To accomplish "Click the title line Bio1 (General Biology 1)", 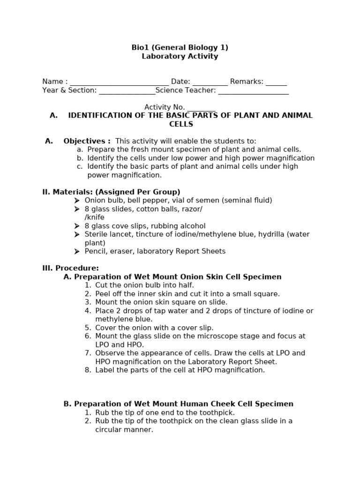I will [x=180, y=47].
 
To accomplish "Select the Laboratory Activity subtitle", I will [x=180, y=56].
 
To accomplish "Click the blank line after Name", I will [x=119, y=83].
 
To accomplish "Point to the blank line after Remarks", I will [x=276, y=83].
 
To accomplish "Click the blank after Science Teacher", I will [x=253, y=91].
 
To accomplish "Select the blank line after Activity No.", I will [x=201, y=108].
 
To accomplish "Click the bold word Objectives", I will [x=87, y=141].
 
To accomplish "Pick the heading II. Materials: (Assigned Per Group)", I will [x=111, y=192].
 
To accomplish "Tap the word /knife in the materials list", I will [x=95, y=217].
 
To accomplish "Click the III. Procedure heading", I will [x=70, y=268].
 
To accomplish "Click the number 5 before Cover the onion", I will [x=88, y=328].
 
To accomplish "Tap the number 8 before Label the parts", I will [x=88, y=370].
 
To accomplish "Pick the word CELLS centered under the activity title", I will [x=181, y=124].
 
